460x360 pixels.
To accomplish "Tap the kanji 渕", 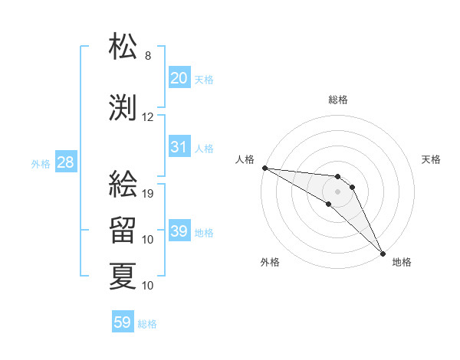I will point(123,107).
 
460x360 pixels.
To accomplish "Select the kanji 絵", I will point(123,184).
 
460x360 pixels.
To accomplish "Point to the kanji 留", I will point(123,230).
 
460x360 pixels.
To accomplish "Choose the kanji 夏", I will point(123,276).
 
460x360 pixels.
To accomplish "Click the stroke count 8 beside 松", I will point(148,56).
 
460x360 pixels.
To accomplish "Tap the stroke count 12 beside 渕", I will point(148,117).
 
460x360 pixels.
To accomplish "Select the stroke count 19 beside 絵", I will point(149,194).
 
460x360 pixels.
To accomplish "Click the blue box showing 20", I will point(179,78).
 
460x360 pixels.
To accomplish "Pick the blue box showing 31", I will point(179,147).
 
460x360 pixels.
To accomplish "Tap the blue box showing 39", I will point(179,231).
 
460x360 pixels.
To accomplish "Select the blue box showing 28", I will point(65,162).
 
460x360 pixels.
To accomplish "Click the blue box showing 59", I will point(122,322).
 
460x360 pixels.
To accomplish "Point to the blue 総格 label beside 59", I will point(147,324).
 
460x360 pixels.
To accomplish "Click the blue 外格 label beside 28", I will point(41,163).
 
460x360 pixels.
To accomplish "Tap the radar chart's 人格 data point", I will point(264,168).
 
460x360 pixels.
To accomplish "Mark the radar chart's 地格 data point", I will point(383,253).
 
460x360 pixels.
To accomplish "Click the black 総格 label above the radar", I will point(338,100).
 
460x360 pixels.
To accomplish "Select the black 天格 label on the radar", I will point(432,159).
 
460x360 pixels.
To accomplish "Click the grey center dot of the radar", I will point(338,191).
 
